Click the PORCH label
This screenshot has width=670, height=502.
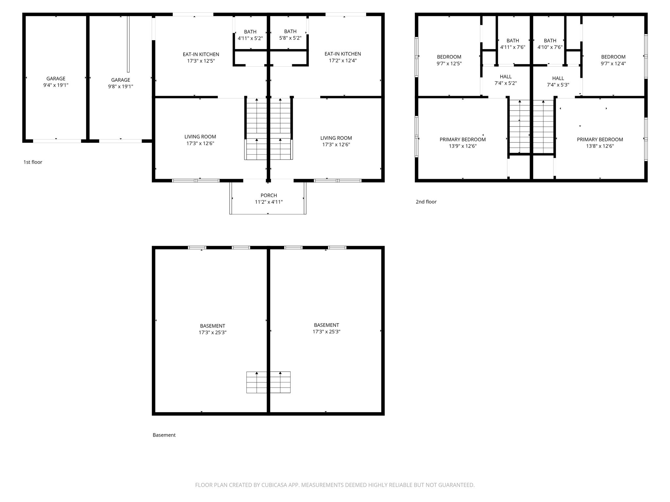click(269, 195)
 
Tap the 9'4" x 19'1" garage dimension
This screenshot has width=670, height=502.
click(56, 85)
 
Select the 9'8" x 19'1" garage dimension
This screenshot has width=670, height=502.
click(121, 86)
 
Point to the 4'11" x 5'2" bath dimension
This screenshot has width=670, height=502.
click(250, 38)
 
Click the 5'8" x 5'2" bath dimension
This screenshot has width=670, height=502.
click(290, 38)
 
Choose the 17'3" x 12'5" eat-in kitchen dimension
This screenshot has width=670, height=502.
click(201, 61)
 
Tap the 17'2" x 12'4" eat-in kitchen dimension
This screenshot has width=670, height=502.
click(343, 60)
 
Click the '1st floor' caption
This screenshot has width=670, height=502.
click(33, 162)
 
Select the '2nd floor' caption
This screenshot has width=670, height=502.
click(426, 202)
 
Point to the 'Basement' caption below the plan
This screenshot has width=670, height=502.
click(164, 435)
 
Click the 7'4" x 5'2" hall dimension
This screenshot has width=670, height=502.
click(506, 83)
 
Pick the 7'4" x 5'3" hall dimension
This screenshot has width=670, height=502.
click(558, 85)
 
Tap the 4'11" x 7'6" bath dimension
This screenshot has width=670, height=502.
click(513, 47)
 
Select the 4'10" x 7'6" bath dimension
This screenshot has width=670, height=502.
click(550, 47)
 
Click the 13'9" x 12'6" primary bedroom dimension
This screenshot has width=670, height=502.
click(463, 146)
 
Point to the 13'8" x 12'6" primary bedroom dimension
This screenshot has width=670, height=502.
click(600, 146)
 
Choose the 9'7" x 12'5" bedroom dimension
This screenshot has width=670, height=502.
click(449, 63)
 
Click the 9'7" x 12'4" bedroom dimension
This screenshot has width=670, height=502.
click(613, 63)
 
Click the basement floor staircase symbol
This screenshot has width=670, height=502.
click(268, 382)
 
